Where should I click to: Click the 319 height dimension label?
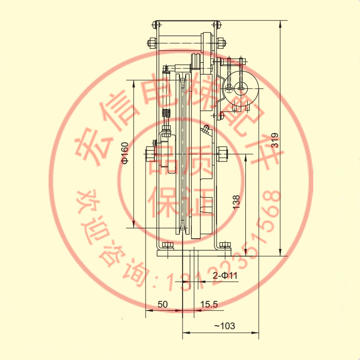click(275, 140)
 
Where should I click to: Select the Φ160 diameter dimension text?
click(125, 153)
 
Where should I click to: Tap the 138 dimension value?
click(236, 202)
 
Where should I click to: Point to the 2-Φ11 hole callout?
click(225, 275)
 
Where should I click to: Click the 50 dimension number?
click(163, 304)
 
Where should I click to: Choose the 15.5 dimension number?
click(209, 304)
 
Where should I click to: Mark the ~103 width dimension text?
click(224, 326)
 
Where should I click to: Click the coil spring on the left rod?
click(166, 113)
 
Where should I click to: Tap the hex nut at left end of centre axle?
click(150, 154)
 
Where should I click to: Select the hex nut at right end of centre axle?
click(222, 154)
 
